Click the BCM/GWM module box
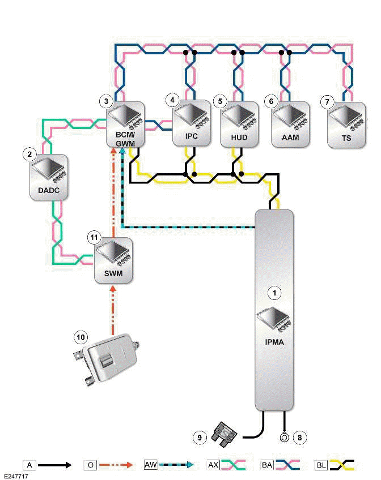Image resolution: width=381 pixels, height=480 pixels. point(126,124)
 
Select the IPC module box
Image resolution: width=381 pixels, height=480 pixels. point(192,124)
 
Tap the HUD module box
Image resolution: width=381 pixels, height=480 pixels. point(239,124)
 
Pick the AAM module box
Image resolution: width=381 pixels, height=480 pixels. point(290,124)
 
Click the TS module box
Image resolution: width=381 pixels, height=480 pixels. point(347,124)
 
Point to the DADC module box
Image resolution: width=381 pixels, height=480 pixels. point(49,177)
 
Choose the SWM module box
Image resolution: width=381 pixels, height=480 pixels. point(113,260)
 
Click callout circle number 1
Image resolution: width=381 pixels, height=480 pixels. point(274,293)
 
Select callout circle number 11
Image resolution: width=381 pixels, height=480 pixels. point(94,238)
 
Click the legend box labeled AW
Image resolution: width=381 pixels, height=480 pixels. point(150,465)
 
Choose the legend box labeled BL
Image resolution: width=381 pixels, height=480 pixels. point(320,465)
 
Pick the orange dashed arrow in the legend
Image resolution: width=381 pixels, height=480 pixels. point(116,465)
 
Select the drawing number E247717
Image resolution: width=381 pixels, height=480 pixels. point(15,476)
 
